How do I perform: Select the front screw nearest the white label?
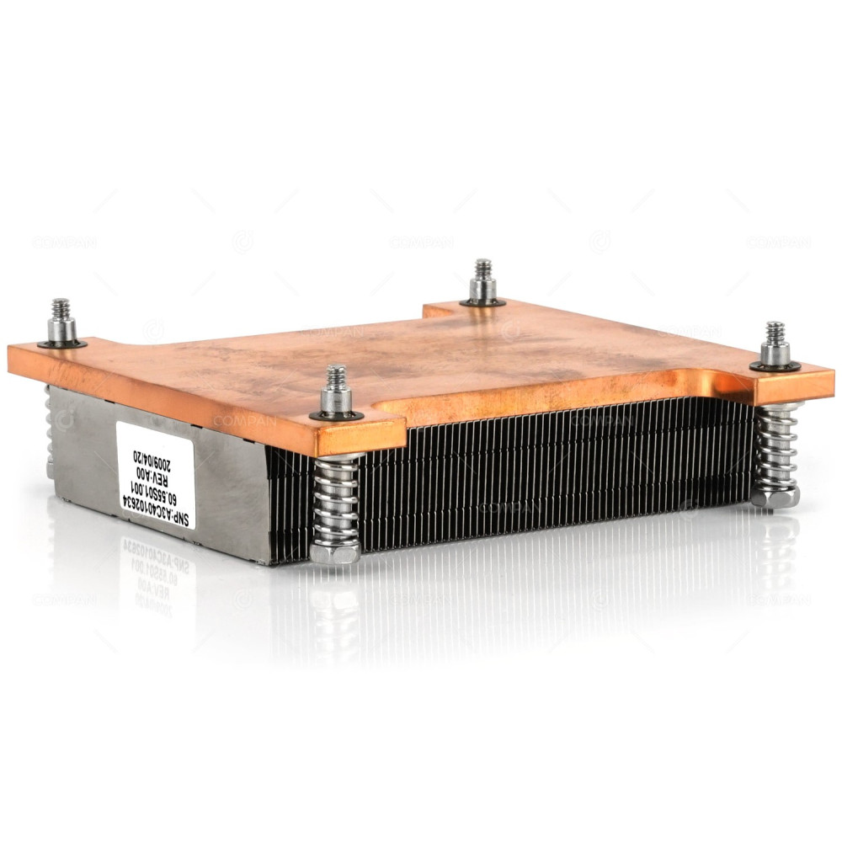click(337, 392)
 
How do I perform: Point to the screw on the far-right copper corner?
click(775, 344)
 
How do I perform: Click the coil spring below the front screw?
click(336, 501)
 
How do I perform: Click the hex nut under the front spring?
click(335, 553)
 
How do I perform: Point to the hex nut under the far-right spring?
click(775, 498)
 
